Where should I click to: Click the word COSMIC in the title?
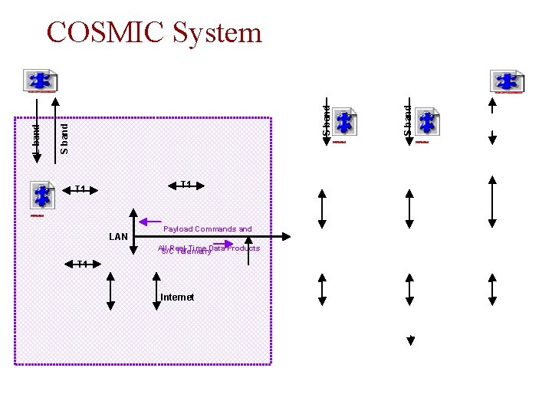[104, 32]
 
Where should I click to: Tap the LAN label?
[118, 236]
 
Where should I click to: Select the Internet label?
[177, 297]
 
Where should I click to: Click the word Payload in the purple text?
[178, 228]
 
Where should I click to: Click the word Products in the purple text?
[243, 248]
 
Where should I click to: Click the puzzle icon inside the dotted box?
[42, 195]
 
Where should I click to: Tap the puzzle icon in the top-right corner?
[507, 81]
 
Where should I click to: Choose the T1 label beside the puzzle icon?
[80, 189]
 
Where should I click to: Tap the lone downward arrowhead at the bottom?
[410, 341]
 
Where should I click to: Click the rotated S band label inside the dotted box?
[64, 139]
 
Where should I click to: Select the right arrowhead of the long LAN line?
[287, 236]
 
